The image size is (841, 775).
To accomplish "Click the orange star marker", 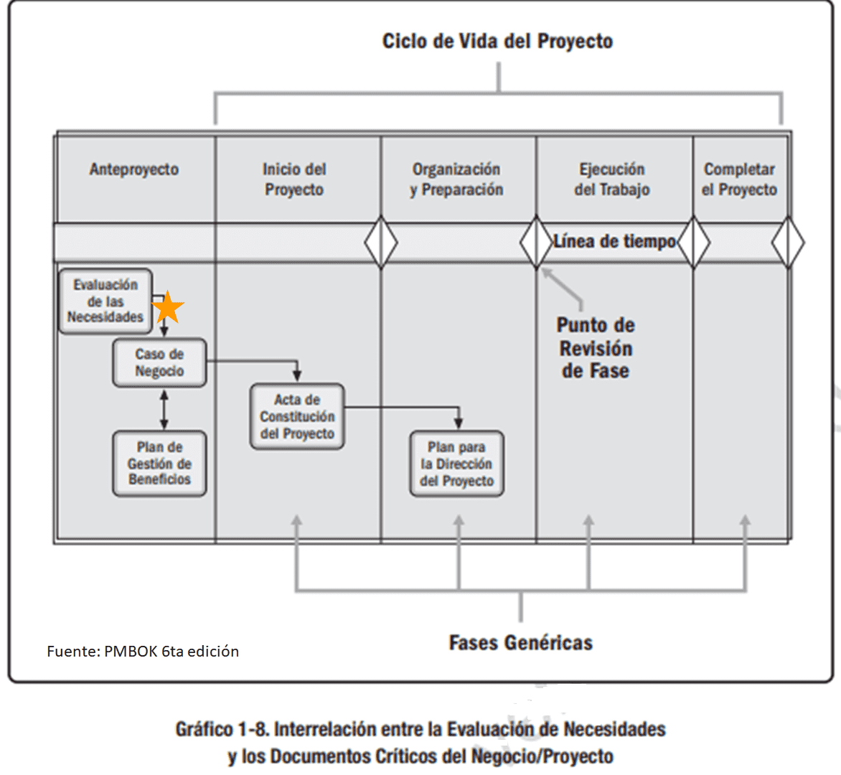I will click(168, 307).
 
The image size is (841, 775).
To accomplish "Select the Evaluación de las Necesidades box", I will click(105, 301).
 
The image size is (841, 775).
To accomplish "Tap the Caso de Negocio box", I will click(159, 362).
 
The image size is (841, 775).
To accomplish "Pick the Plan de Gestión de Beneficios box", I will click(159, 464).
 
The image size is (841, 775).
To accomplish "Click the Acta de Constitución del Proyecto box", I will click(297, 417).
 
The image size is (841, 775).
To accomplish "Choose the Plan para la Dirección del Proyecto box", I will click(456, 464).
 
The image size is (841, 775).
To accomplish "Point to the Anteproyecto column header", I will click(134, 169).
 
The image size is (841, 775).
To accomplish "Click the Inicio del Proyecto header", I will click(294, 179).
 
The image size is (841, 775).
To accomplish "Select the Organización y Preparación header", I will click(456, 179).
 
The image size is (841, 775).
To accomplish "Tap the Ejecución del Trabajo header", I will click(612, 179).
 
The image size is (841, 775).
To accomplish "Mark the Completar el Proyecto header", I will click(739, 179).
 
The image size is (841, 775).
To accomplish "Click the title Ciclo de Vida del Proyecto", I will click(497, 41).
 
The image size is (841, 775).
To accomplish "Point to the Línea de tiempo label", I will click(614, 242).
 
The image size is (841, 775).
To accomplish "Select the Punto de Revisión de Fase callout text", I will click(596, 348).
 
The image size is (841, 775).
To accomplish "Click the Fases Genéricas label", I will click(521, 642).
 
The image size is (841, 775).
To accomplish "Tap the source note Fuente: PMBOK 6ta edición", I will click(143, 652).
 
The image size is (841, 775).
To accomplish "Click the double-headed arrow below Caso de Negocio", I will click(164, 409).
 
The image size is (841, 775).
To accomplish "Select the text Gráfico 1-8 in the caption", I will click(223, 730).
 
